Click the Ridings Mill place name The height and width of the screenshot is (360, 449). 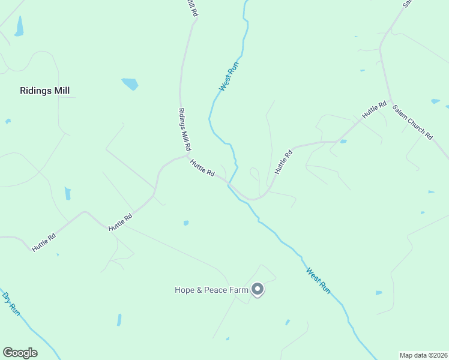click(45, 91)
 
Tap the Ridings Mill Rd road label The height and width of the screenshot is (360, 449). click(184, 129)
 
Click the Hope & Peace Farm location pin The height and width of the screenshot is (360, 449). click(258, 289)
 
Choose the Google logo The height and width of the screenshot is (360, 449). click(20, 353)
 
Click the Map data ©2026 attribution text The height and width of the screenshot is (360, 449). click(423, 355)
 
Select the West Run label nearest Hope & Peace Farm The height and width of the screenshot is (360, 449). click(318, 280)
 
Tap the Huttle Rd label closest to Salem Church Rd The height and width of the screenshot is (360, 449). click(373, 110)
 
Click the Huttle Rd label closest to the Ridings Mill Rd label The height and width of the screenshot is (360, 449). click(202, 167)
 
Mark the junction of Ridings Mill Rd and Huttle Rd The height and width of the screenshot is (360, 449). click(188, 155)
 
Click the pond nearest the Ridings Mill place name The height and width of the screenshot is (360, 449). click(130, 84)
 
